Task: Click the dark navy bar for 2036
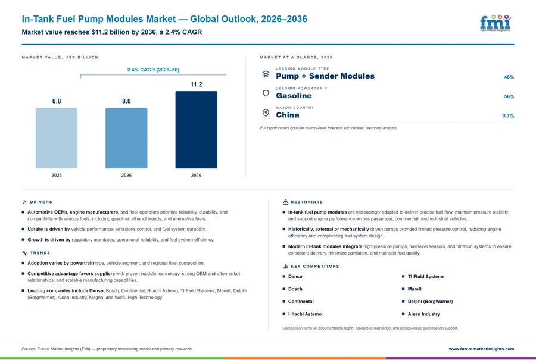click(196, 130)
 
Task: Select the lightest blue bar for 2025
click(57, 138)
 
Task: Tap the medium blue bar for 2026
click(126, 138)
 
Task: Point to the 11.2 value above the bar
click(196, 84)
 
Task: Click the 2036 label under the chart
click(196, 175)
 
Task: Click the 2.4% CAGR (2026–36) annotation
click(153, 70)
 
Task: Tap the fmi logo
click(496, 23)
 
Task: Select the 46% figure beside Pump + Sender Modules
click(509, 77)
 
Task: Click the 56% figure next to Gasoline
click(509, 96)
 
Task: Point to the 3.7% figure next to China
click(509, 116)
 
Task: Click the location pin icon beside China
click(266, 112)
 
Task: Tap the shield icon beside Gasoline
click(266, 93)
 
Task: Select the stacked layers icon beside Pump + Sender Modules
click(266, 74)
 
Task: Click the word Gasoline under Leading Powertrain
click(294, 96)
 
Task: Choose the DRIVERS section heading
click(41, 202)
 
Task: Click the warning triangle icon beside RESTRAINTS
click(285, 202)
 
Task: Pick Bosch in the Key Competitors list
click(295, 289)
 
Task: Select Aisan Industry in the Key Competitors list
click(423, 314)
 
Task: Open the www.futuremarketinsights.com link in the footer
click(481, 349)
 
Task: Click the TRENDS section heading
click(40, 253)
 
